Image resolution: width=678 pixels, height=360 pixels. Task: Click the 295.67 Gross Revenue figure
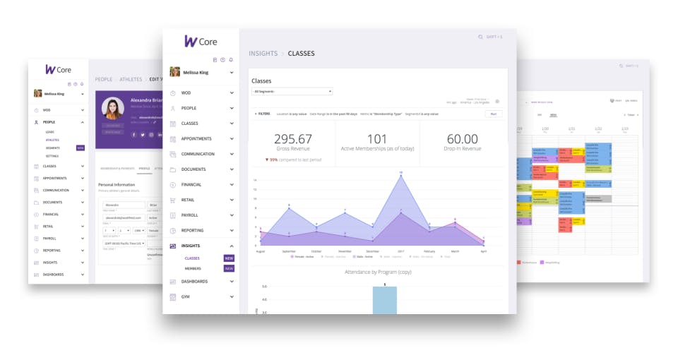point(292,140)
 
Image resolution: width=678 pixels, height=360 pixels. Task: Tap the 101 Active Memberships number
point(377,140)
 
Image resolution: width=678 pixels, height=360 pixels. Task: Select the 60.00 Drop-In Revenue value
point(463,140)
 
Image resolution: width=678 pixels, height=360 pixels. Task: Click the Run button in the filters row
point(493,114)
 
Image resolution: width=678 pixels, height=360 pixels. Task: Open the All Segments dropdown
point(292,92)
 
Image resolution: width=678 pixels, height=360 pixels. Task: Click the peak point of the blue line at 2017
point(401,173)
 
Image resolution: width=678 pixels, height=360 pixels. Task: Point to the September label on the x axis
point(289,251)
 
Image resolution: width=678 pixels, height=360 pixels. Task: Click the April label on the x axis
point(483,251)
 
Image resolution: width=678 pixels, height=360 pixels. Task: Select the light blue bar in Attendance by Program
point(384,300)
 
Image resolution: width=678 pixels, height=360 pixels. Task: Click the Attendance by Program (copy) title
point(378,272)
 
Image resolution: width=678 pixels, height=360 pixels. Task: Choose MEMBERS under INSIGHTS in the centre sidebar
point(193,269)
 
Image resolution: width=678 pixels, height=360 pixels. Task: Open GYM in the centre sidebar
point(185,296)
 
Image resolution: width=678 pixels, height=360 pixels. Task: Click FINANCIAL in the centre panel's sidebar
point(191,184)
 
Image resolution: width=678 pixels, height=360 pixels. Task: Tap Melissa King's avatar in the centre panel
point(174,72)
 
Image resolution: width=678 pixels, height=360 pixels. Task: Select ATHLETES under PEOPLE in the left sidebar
point(52,140)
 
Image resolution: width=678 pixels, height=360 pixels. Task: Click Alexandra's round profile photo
point(113,109)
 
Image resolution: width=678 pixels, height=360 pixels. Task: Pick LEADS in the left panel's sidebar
point(49,132)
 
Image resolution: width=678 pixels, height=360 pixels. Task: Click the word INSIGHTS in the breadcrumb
point(263,54)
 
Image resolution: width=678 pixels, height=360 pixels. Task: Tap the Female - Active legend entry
point(304,257)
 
